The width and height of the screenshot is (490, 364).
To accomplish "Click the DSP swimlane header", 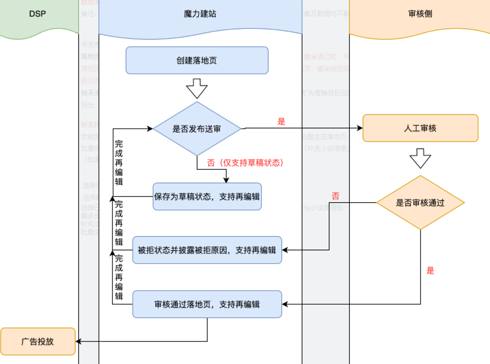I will point(37,14).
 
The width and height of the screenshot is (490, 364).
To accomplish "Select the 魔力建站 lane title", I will point(200,14).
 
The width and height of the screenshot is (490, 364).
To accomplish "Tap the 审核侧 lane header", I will point(420,14).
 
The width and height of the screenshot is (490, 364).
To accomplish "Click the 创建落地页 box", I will point(197,60).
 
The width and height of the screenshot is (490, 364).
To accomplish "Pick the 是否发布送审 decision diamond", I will point(197,129).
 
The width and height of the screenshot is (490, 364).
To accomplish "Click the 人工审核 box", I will point(420,128).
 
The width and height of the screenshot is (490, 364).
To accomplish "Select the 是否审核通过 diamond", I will point(420,203).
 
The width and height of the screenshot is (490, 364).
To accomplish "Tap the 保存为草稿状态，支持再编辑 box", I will point(207,197).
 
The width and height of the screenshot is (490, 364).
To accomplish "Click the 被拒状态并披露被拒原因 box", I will point(207,250).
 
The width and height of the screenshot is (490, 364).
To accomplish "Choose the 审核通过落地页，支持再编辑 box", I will point(207,304).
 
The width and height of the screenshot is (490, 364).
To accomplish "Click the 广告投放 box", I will point(38,341).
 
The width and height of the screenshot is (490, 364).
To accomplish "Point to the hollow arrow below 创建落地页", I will point(197,89).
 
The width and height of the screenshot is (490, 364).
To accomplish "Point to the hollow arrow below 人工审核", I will point(420,158).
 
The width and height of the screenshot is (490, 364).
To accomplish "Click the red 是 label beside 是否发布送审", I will point(281,122).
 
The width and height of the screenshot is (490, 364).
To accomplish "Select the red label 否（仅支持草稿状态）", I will point(246,163).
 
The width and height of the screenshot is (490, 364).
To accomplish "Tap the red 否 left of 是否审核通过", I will point(335,196).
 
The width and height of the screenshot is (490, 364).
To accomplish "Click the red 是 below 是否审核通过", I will point(430,271).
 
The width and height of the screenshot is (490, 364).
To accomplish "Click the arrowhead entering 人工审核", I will point(360,128).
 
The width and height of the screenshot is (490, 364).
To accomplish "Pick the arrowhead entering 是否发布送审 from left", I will point(150,129).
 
